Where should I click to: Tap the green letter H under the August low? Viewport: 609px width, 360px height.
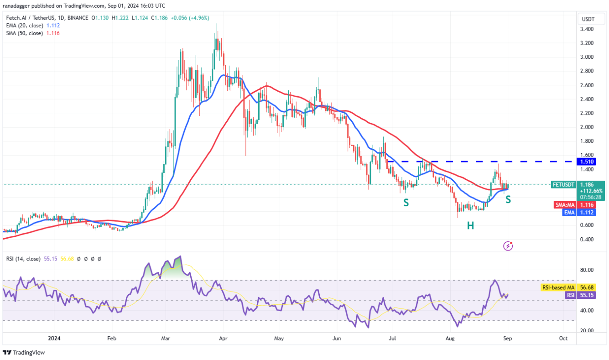(470, 225)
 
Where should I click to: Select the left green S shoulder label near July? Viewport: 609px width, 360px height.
(405, 202)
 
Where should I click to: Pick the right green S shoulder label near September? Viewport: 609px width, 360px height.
(508, 199)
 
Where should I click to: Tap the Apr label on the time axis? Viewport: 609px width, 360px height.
(223, 339)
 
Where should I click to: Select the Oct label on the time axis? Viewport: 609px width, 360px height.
(563, 339)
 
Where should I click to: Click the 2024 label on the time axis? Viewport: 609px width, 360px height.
(54, 339)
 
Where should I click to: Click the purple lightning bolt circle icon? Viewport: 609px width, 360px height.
(508, 246)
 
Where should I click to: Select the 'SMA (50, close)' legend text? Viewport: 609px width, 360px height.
(25, 33)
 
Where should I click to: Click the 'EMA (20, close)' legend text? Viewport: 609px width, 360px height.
(25, 26)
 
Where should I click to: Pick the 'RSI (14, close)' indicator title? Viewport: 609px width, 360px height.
(23, 259)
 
